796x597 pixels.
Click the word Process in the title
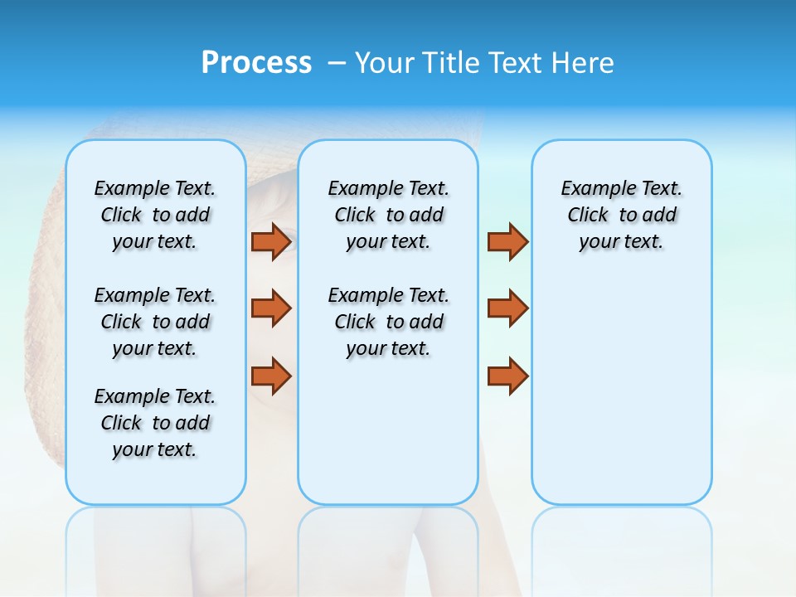pyautogui.click(x=256, y=63)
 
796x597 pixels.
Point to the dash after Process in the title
pyautogui.click(x=337, y=64)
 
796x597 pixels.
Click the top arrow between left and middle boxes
pyautogui.click(x=271, y=241)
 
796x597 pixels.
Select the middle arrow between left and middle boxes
pyautogui.click(x=271, y=308)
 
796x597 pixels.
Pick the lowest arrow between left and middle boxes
pyautogui.click(x=271, y=376)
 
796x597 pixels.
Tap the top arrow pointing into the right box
pyautogui.click(x=507, y=241)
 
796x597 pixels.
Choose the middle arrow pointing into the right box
pyautogui.click(x=507, y=308)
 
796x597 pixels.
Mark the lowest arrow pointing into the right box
pyautogui.click(x=507, y=376)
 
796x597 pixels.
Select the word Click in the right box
pyautogui.click(x=588, y=215)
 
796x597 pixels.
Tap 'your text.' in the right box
pyautogui.click(x=621, y=242)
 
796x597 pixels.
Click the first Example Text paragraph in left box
pyautogui.click(x=155, y=215)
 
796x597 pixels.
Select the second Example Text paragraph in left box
pyautogui.click(x=155, y=322)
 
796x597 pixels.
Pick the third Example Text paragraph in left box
pyautogui.click(x=155, y=423)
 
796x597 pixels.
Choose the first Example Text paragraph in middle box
pyautogui.click(x=388, y=215)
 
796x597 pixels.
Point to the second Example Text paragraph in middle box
pyautogui.click(x=388, y=322)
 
